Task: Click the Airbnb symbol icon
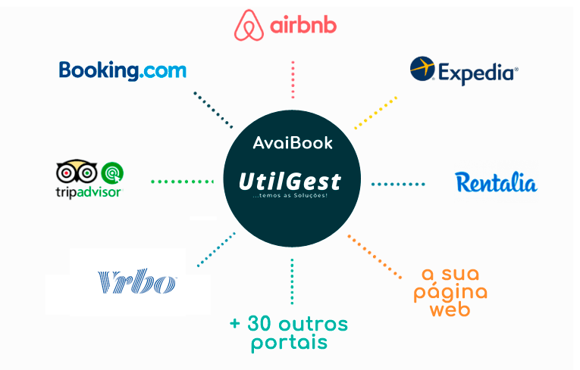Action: [x=249, y=25]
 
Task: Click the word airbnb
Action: [x=303, y=25]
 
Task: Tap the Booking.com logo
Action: [x=122, y=70]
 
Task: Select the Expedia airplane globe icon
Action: [x=422, y=68]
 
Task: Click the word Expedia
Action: [x=478, y=73]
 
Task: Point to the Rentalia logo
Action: [x=496, y=182]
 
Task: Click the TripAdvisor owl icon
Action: [x=77, y=171]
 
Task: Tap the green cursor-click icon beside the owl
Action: [x=112, y=173]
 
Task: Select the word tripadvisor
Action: [x=89, y=192]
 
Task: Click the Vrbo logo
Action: [x=137, y=281]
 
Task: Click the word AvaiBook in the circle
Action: [x=293, y=143]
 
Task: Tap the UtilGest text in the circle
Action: [x=290, y=182]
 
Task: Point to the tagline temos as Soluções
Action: [x=290, y=195]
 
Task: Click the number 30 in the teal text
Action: [x=261, y=324]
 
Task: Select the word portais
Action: [x=290, y=342]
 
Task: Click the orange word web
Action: [x=450, y=309]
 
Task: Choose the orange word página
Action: [x=450, y=292]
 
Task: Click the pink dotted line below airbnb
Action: [x=293, y=79]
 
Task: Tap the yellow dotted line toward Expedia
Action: [x=375, y=113]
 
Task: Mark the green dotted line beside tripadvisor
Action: [x=183, y=182]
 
